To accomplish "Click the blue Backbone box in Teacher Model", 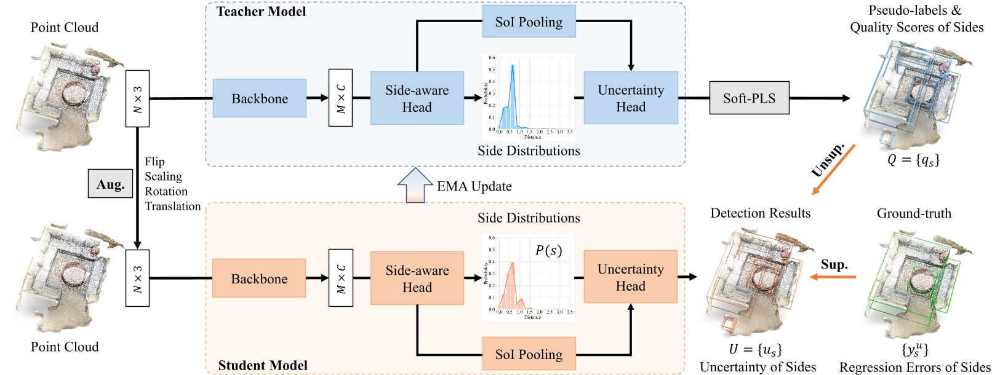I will (x=260, y=98).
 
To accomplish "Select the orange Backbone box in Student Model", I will (x=259, y=278).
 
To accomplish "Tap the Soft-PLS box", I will (x=749, y=98).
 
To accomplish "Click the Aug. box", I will (x=111, y=184).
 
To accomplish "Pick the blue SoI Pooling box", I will (x=529, y=22).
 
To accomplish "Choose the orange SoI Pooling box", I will (x=529, y=354).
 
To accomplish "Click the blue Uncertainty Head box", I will (x=631, y=98).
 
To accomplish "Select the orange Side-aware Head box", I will (x=417, y=278).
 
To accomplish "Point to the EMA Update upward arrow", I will (x=414, y=185).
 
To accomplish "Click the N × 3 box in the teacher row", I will (x=137, y=98).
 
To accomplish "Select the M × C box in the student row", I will (x=340, y=278).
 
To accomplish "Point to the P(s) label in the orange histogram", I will (x=548, y=250).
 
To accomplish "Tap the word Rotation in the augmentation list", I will (x=166, y=191).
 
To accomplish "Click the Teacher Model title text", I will (x=261, y=11).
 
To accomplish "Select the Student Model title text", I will (x=263, y=365).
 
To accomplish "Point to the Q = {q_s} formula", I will (x=913, y=160).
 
